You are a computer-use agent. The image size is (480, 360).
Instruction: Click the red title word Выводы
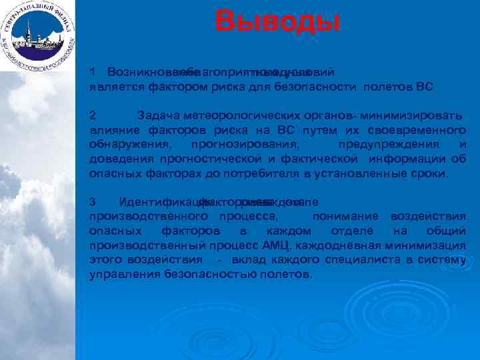pos(277,21)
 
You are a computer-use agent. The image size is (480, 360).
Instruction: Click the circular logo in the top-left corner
pos(38,37)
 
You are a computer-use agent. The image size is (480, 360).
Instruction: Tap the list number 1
pos(93,71)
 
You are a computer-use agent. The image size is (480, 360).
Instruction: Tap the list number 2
pos(93,115)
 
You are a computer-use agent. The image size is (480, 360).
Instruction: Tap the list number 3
pos(93,202)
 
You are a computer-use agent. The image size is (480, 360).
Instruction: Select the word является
pos(115,86)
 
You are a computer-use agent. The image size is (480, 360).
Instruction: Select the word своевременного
pos(419,130)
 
